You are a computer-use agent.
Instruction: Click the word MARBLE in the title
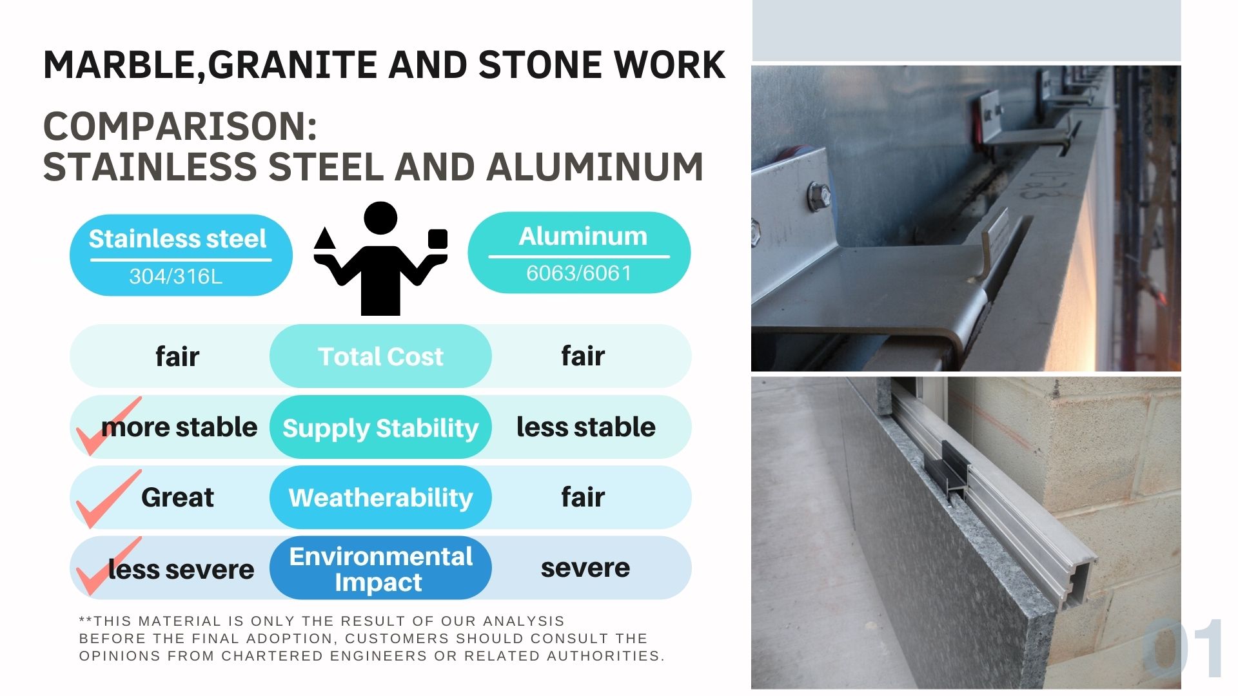[x=120, y=65]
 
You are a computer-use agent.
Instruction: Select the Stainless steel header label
[x=177, y=239]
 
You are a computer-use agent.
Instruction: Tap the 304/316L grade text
[x=175, y=276]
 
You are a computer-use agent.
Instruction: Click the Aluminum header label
[x=583, y=237]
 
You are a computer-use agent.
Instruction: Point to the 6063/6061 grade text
[x=578, y=273]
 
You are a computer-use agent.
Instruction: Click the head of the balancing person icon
[x=380, y=218]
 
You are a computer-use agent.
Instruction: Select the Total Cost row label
[x=380, y=356]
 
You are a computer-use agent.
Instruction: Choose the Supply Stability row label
[x=380, y=429]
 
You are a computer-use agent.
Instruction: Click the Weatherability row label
[x=380, y=498]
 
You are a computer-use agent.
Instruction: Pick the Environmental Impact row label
[x=380, y=569]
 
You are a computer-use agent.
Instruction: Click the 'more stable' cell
[x=179, y=427]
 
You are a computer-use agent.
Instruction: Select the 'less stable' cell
[x=585, y=427]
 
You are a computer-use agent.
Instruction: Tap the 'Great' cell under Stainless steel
[x=177, y=498]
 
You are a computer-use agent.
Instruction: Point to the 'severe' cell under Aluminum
[x=585, y=568]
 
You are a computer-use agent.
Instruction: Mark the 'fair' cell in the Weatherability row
[x=583, y=497]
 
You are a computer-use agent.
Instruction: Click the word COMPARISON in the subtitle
[x=180, y=126]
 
